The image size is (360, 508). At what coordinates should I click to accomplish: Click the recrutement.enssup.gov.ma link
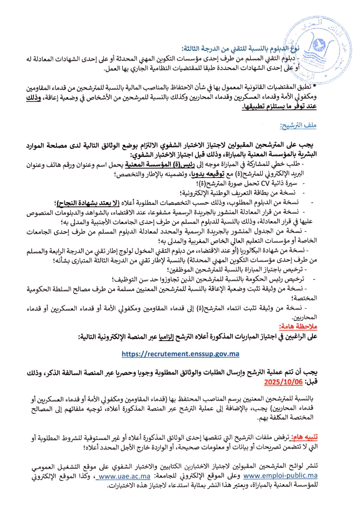(x=180, y=354)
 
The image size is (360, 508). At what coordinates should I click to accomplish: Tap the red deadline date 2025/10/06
(x=283, y=382)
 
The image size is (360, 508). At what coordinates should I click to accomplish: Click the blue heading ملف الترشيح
(x=298, y=125)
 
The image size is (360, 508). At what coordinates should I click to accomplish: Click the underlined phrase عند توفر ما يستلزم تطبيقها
(x=279, y=106)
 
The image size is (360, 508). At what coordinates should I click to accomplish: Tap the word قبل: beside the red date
(x=311, y=382)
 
